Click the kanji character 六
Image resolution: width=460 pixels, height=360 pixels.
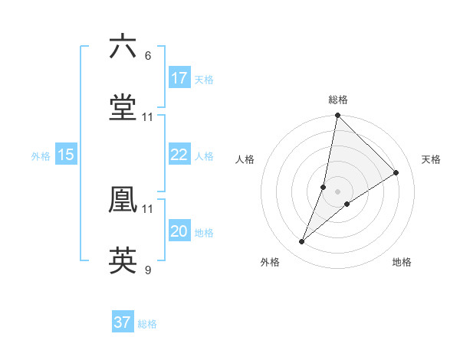123,47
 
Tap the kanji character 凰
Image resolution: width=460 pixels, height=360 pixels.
123,199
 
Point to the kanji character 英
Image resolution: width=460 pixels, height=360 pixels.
123,260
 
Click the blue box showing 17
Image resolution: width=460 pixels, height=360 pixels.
179,77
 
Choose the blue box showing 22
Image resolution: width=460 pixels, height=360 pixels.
179,155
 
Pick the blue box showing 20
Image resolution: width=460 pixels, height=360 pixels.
179,231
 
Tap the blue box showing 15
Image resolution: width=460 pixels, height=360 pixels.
65,155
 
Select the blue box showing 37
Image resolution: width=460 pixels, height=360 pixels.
123,322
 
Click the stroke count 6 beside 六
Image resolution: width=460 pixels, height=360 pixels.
148,56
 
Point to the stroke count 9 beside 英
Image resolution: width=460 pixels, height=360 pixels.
148,270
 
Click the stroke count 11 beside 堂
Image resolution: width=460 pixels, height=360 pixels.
148,117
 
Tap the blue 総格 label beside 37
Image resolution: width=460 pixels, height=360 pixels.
147,324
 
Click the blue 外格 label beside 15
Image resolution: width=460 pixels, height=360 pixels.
41,155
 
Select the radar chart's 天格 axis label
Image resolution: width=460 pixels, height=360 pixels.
431,159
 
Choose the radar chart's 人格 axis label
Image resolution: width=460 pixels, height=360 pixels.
245,159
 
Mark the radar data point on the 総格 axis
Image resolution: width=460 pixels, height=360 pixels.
337,116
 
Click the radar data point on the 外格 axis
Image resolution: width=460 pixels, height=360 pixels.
302,242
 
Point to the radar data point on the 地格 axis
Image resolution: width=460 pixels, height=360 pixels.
347,203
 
